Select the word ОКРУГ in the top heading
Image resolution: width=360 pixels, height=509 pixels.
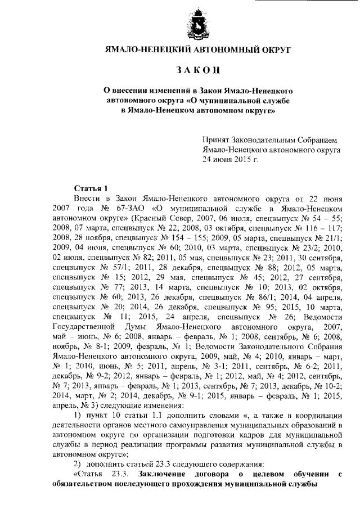tap(276, 50)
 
